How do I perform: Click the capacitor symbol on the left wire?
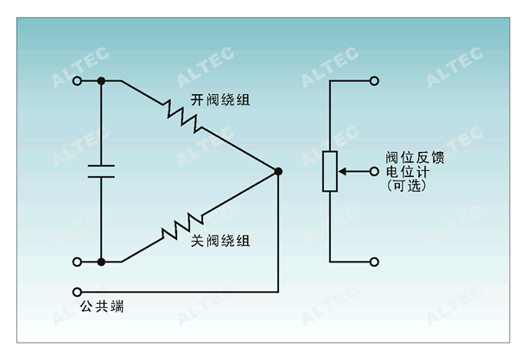pos(101,171)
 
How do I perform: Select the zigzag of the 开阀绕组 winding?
pos(183,117)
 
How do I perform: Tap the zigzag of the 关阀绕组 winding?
pos(182,226)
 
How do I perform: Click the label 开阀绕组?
pos(220,100)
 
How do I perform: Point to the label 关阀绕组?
pos(220,241)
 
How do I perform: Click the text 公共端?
pos(102,306)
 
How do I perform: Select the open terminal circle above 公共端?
pos(77,292)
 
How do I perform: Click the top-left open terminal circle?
pos(77,81)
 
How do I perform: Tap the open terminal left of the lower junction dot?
pos(77,262)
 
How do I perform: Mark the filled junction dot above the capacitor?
pos(101,81)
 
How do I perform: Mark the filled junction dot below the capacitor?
pos(101,262)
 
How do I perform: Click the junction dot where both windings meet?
pos(278,171)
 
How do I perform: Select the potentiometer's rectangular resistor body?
pos(330,171)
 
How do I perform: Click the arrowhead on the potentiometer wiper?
pos(342,172)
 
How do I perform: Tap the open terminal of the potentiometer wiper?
pos(374,172)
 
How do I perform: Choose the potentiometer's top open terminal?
pos(374,81)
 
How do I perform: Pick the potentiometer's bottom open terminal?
pos(374,262)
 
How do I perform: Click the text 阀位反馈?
pos(415,157)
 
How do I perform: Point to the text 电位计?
pos(408,172)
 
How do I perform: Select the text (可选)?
pos(407,186)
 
